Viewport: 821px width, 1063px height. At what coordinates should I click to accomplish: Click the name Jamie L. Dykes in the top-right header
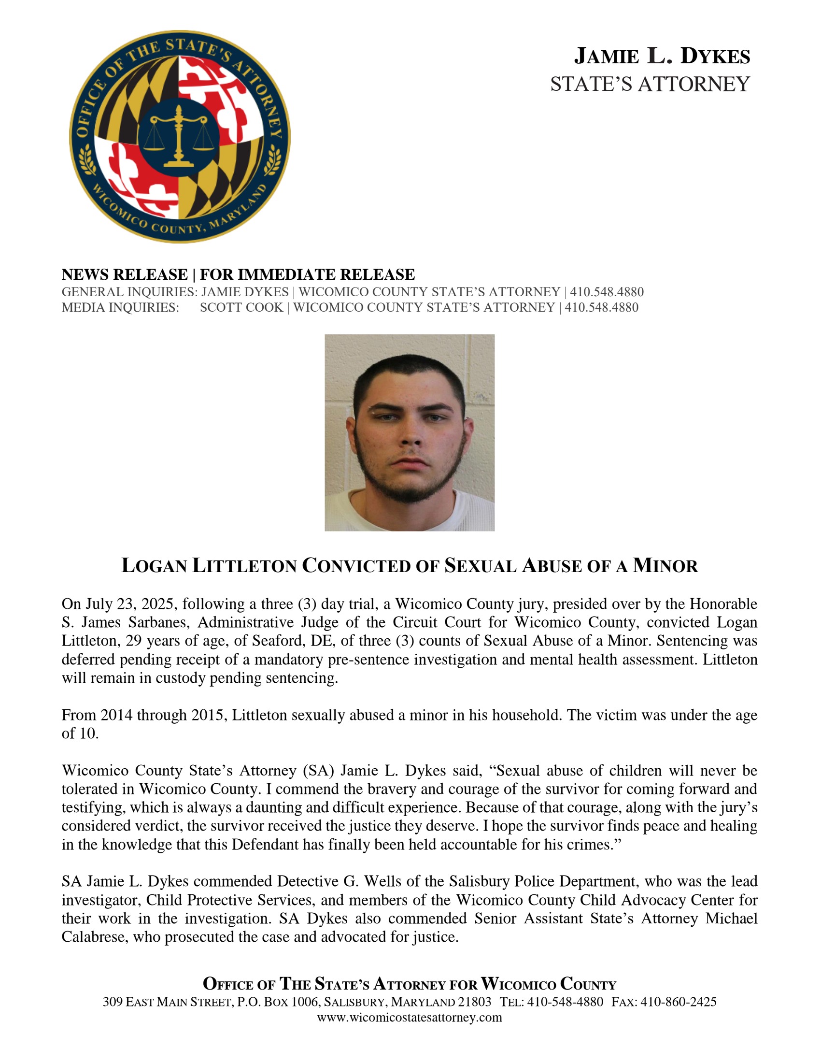coord(662,56)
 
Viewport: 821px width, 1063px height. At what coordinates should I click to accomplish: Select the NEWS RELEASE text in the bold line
coord(125,274)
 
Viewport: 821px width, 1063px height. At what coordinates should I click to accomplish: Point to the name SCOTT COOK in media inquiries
coord(241,308)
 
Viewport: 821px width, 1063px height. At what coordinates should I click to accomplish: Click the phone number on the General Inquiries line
coord(607,292)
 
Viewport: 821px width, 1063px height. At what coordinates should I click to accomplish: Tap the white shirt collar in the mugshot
coord(409,506)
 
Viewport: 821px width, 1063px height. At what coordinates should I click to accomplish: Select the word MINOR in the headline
coord(665,566)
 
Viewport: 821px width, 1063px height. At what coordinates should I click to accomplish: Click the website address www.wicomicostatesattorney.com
coord(410,1017)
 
